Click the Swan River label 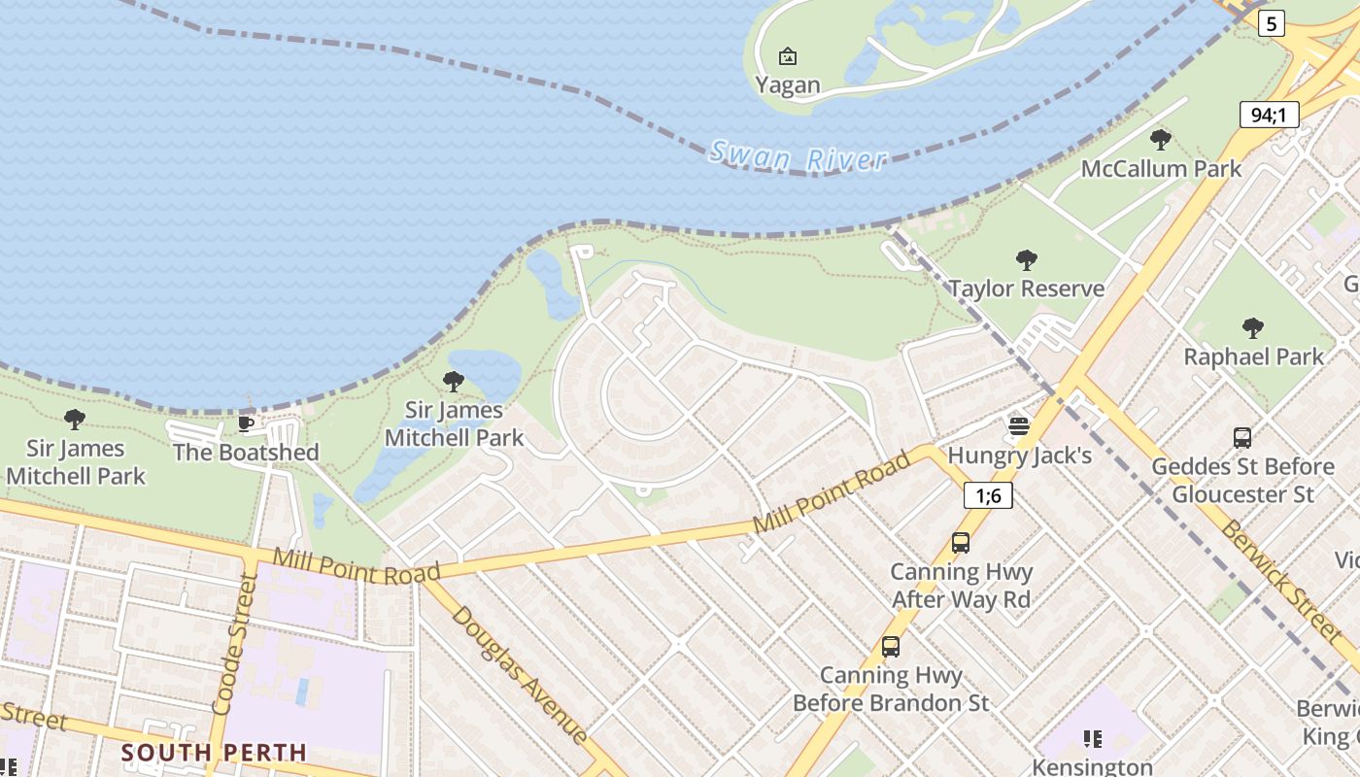(x=798, y=156)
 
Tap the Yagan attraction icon (x=788, y=56)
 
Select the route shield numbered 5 (x=1271, y=23)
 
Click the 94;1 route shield (x=1269, y=116)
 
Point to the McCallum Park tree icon (x=1160, y=139)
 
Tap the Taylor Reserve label (x=1026, y=288)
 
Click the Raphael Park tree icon (x=1253, y=327)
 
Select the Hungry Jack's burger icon (x=1018, y=425)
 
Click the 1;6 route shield (x=988, y=495)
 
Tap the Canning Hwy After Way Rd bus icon (x=961, y=543)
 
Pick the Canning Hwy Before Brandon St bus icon (x=891, y=646)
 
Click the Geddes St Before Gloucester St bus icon (x=1242, y=438)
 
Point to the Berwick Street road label (x=1280, y=582)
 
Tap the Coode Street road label (x=234, y=645)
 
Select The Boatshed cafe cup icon (x=246, y=423)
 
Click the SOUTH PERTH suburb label (x=214, y=753)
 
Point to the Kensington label (x=1092, y=766)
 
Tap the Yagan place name (x=788, y=85)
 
